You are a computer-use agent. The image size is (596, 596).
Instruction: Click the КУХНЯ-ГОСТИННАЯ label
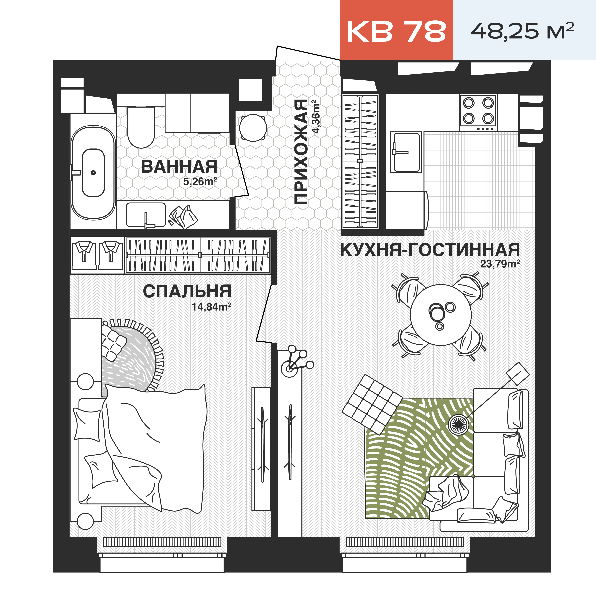point(430,250)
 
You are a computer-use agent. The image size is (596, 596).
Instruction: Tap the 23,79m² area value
point(500,264)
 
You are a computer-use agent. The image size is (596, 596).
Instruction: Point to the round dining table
point(441,315)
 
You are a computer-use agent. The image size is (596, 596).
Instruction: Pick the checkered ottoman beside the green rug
point(372,404)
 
